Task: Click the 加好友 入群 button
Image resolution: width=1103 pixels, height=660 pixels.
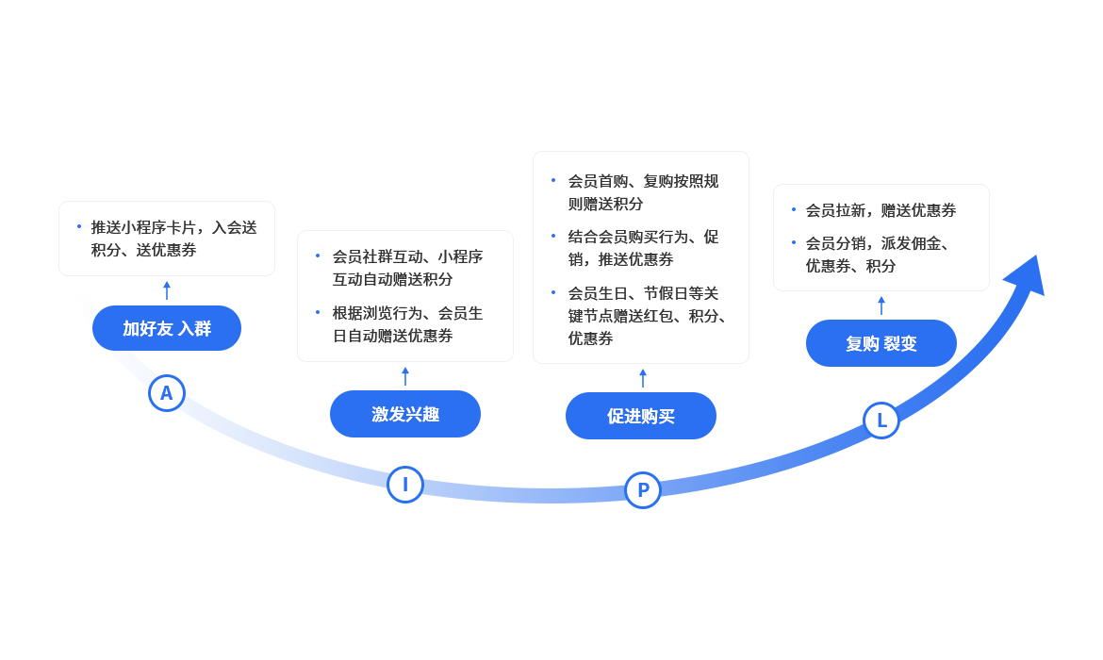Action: tap(167, 328)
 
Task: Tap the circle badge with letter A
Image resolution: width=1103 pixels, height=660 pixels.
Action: tap(166, 393)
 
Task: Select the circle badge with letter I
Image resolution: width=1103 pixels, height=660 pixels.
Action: tap(405, 485)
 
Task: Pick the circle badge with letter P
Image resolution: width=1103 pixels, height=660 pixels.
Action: tap(643, 490)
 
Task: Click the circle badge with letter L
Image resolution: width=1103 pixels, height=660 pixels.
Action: tap(881, 421)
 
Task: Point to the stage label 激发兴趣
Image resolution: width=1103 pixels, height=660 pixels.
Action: tap(405, 414)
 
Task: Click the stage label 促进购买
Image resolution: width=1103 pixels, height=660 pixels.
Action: tap(641, 417)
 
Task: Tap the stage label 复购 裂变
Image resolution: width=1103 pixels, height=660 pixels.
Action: tap(881, 344)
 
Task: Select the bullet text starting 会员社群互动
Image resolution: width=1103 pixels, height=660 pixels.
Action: tap(407, 268)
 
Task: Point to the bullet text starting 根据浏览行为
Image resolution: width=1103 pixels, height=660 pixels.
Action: tap(407, 324)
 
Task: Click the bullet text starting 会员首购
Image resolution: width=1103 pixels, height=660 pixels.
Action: tap(643, 192)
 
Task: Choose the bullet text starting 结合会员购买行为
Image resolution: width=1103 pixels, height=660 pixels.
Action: tap(643, 248)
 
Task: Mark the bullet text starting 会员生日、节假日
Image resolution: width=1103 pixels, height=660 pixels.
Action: tap(647, 316)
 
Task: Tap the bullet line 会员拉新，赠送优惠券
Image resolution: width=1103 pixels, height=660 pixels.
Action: tap(881, 210)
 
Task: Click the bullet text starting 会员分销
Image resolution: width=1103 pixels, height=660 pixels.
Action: tap(877, 255)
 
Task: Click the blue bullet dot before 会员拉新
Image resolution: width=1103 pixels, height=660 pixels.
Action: tap(793, 209)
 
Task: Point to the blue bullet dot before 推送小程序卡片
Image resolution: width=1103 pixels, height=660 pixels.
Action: tap(79, 226)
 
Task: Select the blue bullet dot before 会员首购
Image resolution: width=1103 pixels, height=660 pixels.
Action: tap(553, 180)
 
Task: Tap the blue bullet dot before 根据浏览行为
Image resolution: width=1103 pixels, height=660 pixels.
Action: tap(318, 311)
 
